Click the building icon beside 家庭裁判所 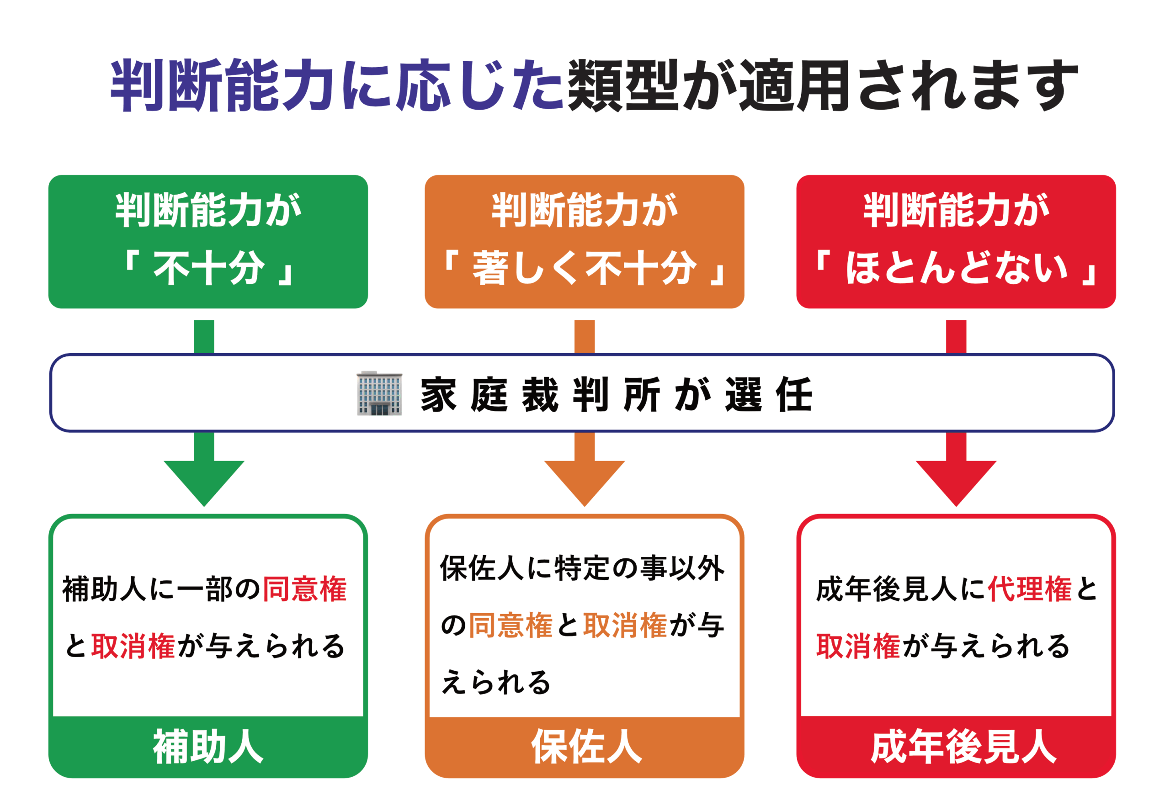coord(379,393)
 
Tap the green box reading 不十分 coord(208,242)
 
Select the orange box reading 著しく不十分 coord(585,242)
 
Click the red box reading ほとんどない coord(956,242)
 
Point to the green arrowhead coord(204,483)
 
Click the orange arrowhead coord(585,483)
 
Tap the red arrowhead coord(956,483)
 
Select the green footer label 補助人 coord(208,747)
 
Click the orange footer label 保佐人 coord(586,747)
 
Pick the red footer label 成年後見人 coord(963,747)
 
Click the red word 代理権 coord(1030,589)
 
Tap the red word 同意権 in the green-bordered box coord(305,589)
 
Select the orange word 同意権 coord(511,625)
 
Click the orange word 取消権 coord(625,625)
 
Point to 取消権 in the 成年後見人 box coord(858,646)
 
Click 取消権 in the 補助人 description coord(133,646)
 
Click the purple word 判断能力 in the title coord(222,85)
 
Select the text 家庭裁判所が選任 coord(616,394)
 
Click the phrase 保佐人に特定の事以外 coord(582,568)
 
